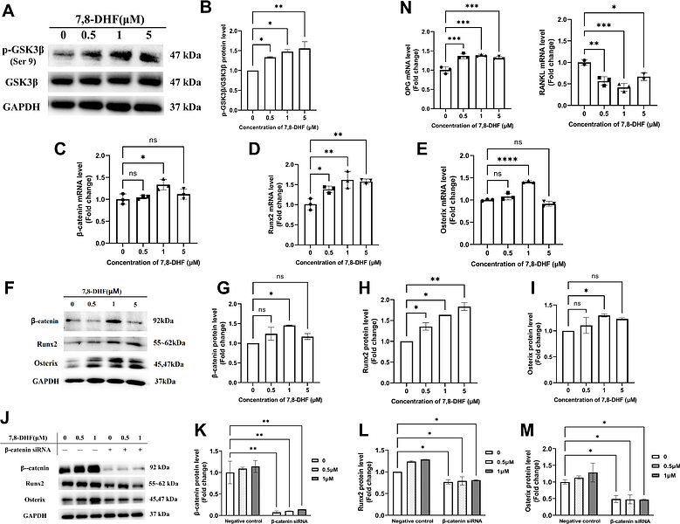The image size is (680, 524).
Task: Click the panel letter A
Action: tap(10, 10)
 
